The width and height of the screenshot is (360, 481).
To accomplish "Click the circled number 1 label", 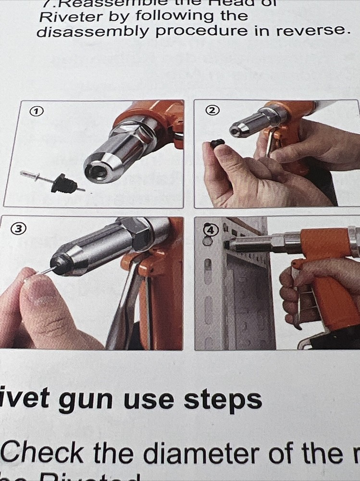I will point(35,111).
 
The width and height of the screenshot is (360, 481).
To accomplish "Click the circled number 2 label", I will point(211,110).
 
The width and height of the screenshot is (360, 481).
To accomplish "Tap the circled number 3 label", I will point(18,229).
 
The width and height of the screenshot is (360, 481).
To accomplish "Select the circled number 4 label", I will point(209,230).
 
